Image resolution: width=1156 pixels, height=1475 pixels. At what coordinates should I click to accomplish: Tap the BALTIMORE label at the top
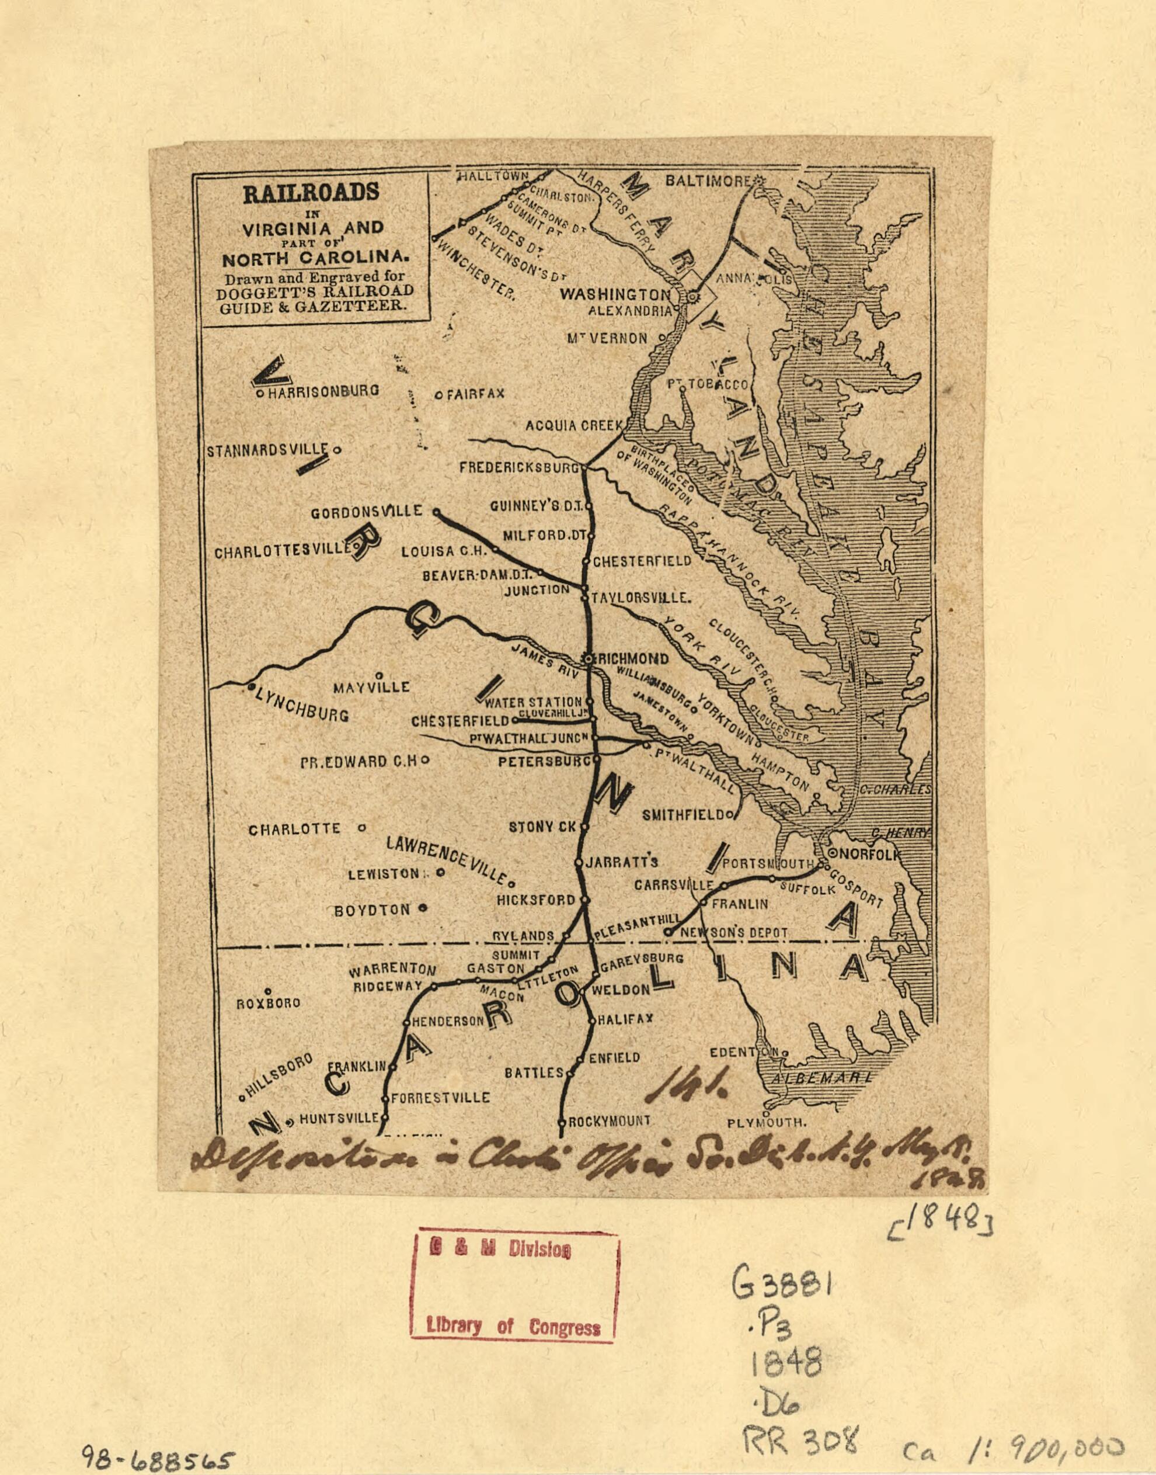click(708, 182)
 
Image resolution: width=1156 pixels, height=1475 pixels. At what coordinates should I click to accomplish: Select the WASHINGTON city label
click(615, 294)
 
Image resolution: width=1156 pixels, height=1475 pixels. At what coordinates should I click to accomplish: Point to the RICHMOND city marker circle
click(590, 658)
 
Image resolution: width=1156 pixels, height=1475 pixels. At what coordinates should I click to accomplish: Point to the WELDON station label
click(621, 990)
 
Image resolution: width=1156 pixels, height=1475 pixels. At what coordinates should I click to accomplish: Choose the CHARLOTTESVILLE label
click(283, 552)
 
